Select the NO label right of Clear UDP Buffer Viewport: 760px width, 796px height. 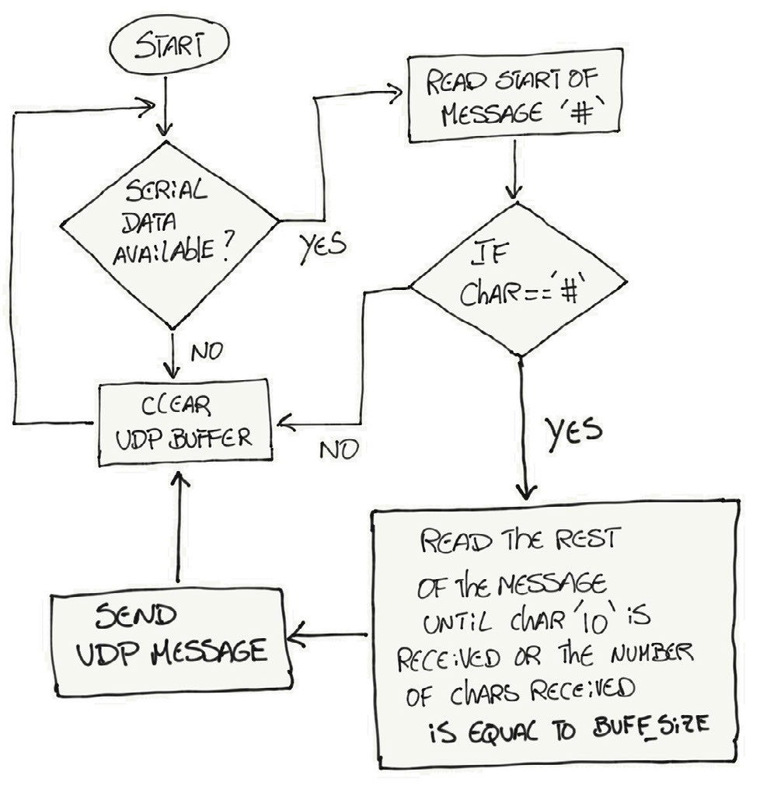pyautogui.click(x=337, y=449)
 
